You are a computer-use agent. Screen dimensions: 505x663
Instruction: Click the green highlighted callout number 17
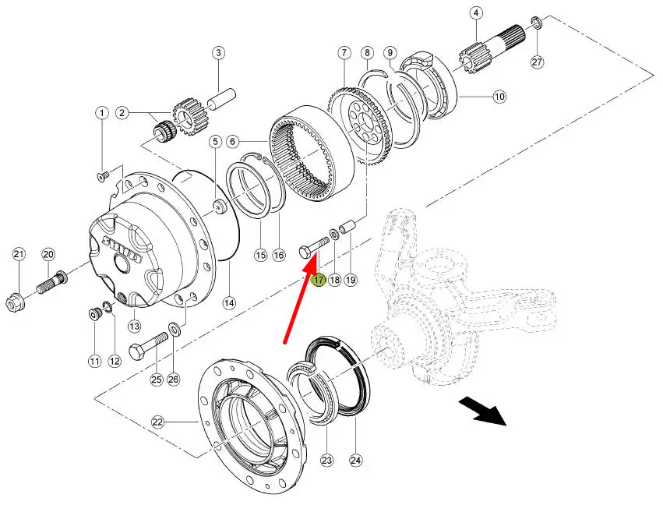point(318,280)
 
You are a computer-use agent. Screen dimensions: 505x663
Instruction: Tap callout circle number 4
point(476,13)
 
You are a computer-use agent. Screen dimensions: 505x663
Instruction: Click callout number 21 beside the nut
point(19,254)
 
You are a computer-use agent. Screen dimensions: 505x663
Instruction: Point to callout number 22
point(158,422)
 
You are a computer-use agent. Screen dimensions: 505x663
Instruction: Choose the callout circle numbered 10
point(499,97)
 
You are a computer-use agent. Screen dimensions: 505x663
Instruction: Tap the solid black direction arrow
point(482,411)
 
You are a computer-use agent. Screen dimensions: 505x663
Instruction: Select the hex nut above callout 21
point(16,299)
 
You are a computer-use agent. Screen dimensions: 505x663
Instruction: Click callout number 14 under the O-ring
point(228,302)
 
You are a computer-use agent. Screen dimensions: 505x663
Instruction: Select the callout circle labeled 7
point(344,53)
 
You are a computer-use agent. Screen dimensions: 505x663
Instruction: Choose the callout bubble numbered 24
point(356,459)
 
